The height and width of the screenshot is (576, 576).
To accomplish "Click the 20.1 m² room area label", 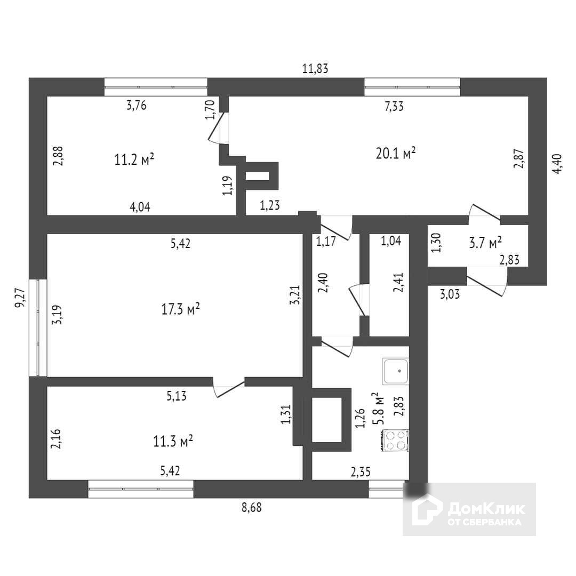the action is pyautogui.click(x=395, y=154).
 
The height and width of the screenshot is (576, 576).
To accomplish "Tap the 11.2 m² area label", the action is pyautogui.click(x=134, y=159).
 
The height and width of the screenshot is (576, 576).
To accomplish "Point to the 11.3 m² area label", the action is pyautogui.click(x=172, y=441).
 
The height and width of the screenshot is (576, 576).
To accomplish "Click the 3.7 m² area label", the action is pyautogui.click(x=485, y=243).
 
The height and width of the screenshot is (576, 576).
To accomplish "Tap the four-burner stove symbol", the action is pyautogui.click(x=395, y=440).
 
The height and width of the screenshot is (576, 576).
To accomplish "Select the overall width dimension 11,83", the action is pyautogui.click(x=315, y=68).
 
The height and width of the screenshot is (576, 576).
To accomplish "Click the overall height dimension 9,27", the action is pyautogui.click(x=20, y=298).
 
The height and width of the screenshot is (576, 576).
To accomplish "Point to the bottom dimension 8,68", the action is pyautogui.click(x=252, y=508).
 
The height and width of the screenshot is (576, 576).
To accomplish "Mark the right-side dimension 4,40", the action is pyautogui.click(x=557, y=164).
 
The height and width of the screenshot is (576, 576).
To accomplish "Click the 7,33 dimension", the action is pyautogui.click(x=394, y=106).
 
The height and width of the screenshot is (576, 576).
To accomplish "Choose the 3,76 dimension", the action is pyautogui.click(x=136, y=105).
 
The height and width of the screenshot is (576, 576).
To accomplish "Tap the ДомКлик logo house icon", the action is pyautogui.click(x=427, y=509).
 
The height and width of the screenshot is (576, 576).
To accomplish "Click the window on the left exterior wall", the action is pyautogui.click(x=38, y=327).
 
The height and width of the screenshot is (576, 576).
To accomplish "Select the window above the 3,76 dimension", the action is pyautogui.click(x=155, y=86).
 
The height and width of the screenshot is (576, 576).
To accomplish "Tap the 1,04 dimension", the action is pyautogui.click(x=391, y=241).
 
